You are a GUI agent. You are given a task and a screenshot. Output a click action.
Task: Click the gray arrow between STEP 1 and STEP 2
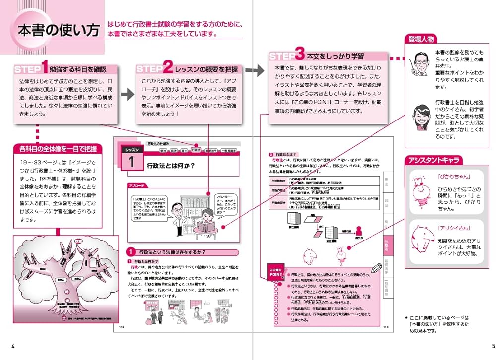click(x=127, y=94)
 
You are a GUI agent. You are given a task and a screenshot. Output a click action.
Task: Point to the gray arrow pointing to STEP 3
click(x=254, y=70)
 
